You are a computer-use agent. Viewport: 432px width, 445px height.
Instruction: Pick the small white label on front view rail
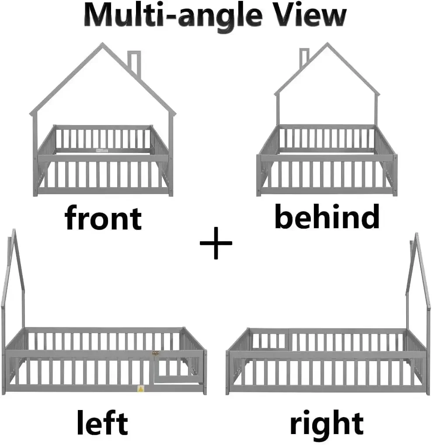[102, 150]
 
